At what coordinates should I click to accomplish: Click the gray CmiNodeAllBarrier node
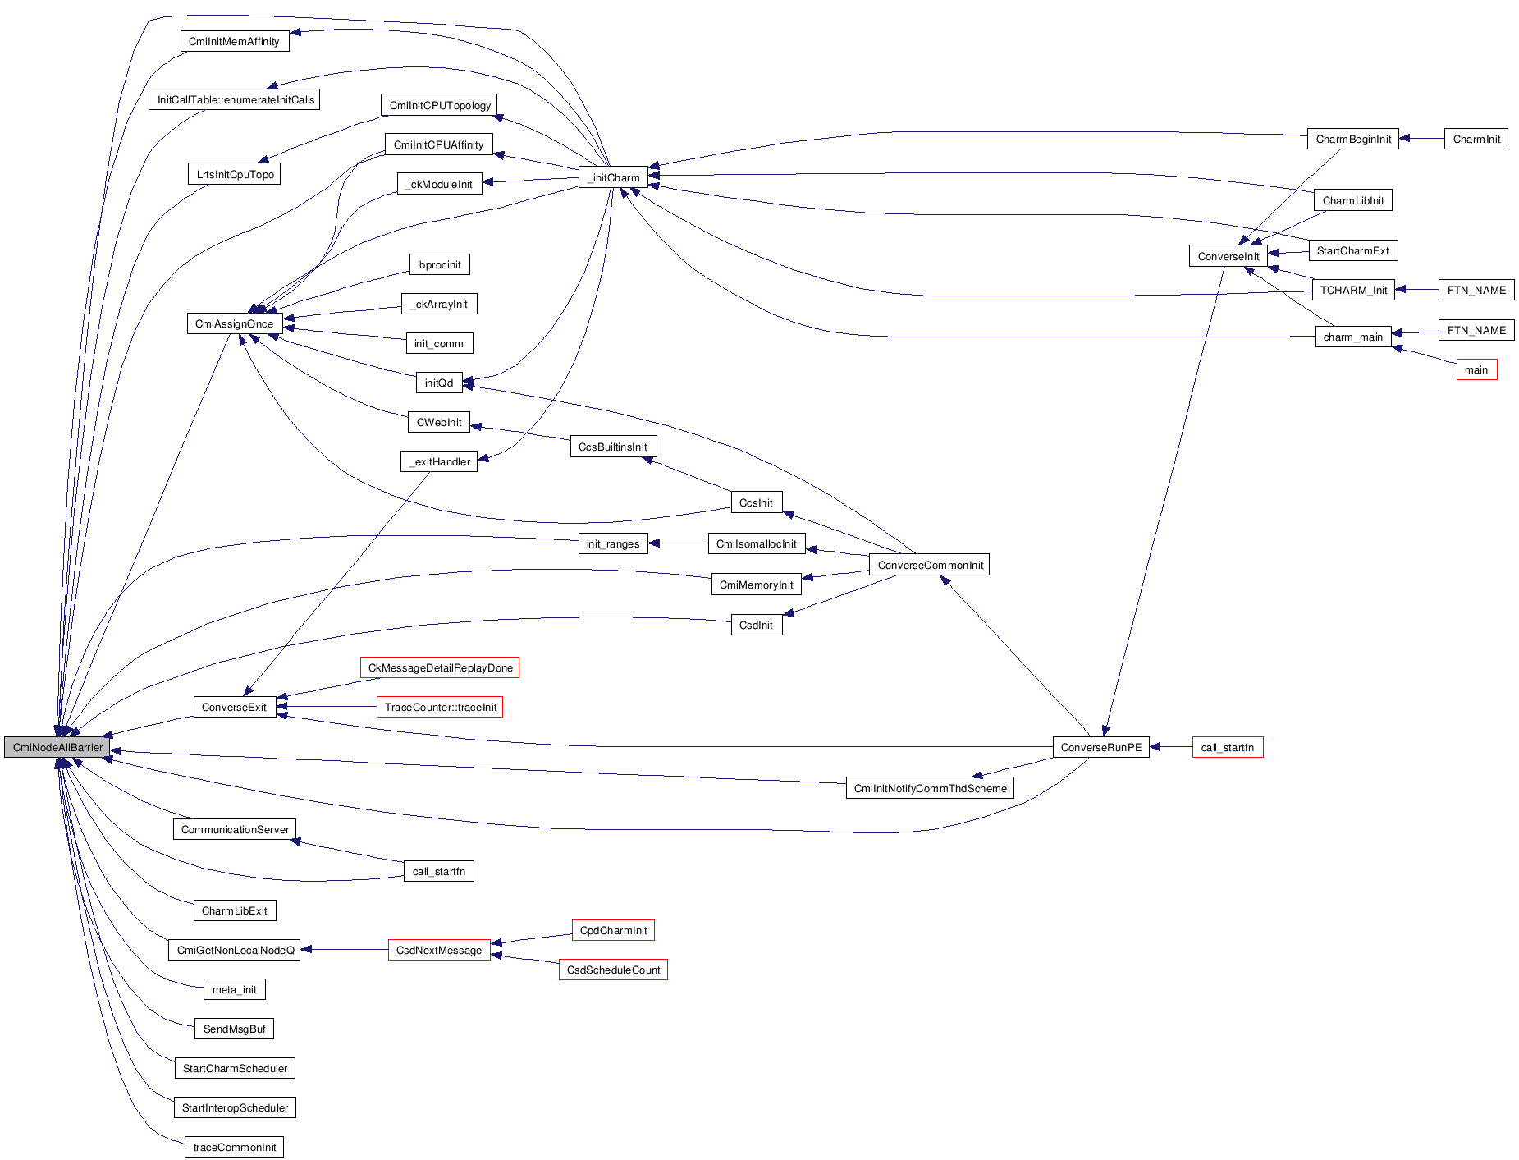(57, 747)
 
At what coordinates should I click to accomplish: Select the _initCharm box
(613, 177)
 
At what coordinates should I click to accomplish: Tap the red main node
(1476, 369)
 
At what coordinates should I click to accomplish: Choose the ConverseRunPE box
(1100, 747)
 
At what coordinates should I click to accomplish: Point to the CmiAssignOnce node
(234, 323)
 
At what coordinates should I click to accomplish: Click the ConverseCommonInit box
(930, 565)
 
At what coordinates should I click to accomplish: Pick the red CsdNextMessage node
(438, 950)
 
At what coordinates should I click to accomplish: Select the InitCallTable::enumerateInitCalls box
(236, 99)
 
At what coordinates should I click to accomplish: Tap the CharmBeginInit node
(1352, 139)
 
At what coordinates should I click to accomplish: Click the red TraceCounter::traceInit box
(440, 707)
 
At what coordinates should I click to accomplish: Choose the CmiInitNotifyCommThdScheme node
(930, 788)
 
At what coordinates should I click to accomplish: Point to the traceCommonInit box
(234, 1147)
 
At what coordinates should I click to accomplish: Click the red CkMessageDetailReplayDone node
(440, 667)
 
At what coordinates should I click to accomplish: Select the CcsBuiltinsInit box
(612, 447)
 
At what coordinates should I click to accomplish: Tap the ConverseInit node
(1228, 256)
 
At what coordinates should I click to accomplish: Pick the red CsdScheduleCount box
(613, 970)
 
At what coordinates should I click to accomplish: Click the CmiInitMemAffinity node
(234, 41)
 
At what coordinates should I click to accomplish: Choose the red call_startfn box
(1227, 747)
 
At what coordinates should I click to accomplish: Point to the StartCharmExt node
(1352, 250)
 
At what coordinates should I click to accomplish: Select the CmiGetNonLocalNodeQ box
(235, 950)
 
